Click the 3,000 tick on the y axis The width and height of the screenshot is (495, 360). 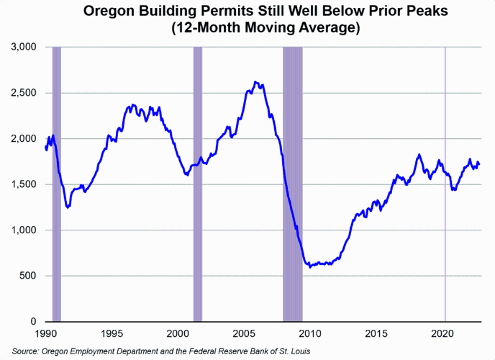[x=24, y=47]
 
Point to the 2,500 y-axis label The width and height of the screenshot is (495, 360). [x=24, y=93]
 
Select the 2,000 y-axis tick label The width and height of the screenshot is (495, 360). [x=24, y=138]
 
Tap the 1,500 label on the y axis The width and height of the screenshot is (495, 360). [x=24, y=184]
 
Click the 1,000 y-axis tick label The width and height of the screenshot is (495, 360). [x=24, y=230]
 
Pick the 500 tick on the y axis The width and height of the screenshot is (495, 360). [x=29, y=276]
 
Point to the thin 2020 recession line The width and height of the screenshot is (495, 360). [x=445, y=180]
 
